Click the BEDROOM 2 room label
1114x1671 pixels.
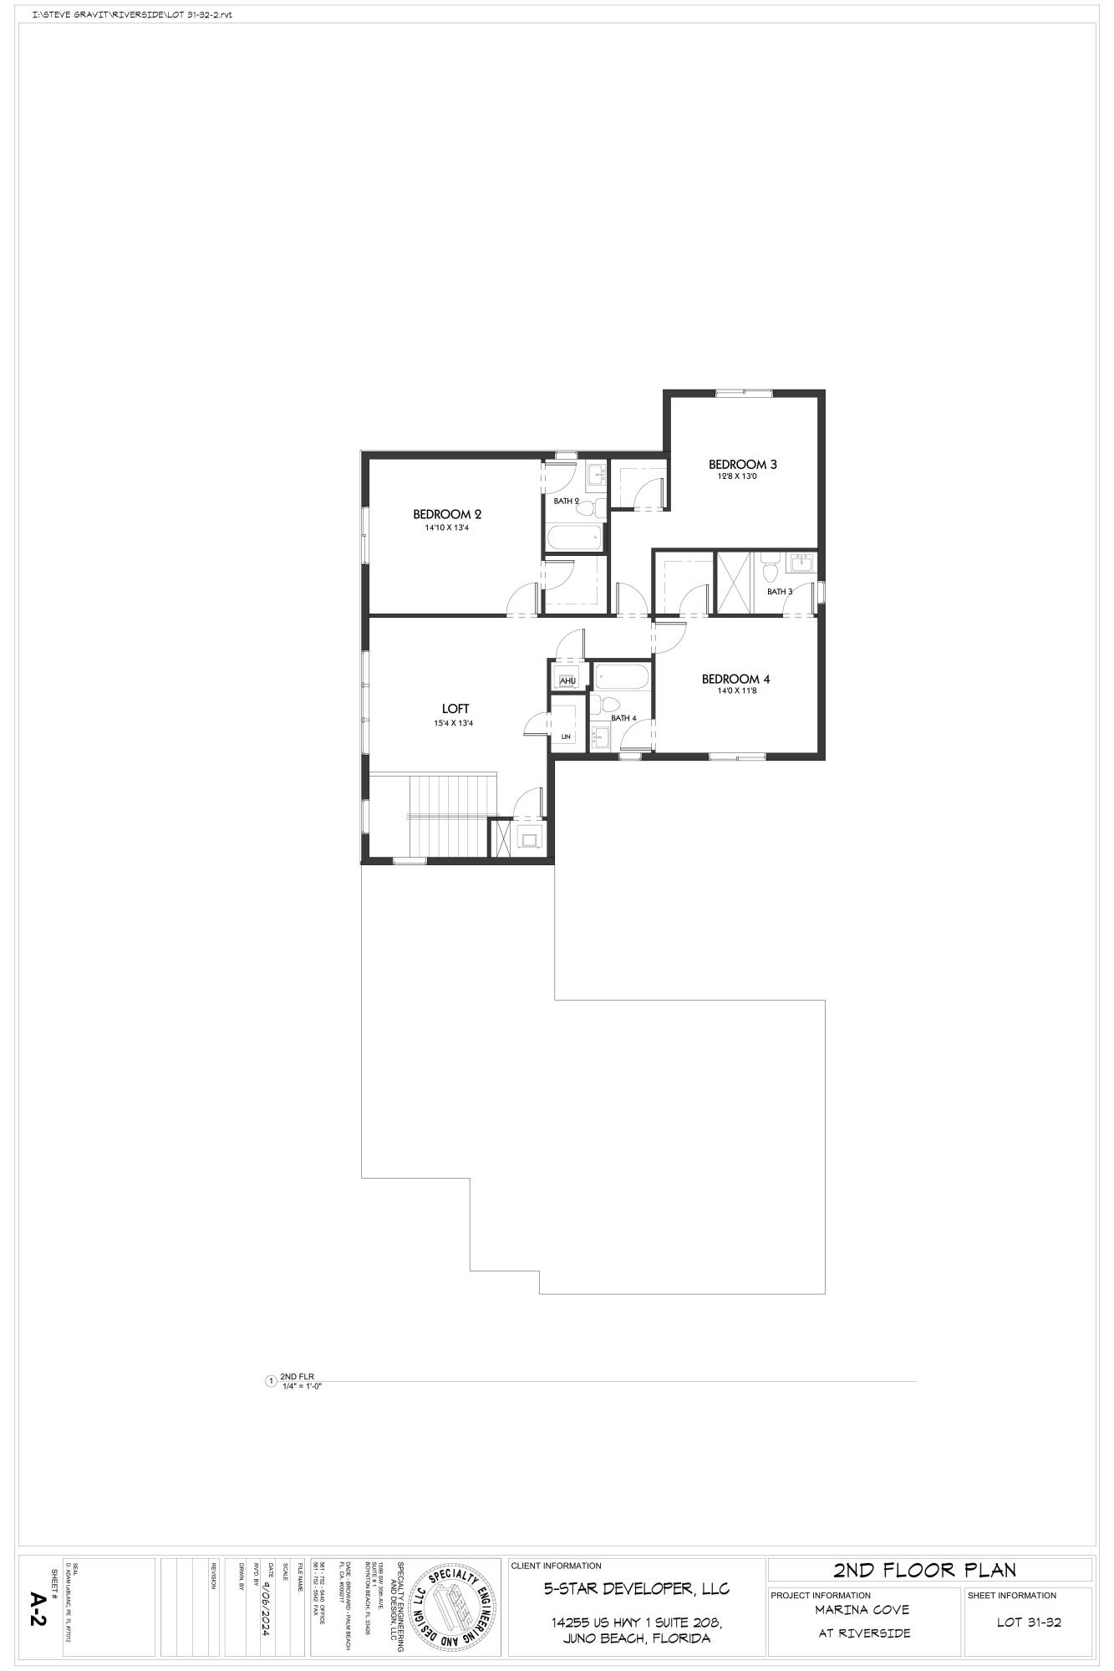pos(447,514)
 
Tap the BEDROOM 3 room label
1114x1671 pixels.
pos(743,464)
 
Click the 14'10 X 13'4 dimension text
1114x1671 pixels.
pos(447,528)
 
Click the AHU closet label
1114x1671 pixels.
pos(568,681)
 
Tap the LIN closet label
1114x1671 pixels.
pos(566,736)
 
